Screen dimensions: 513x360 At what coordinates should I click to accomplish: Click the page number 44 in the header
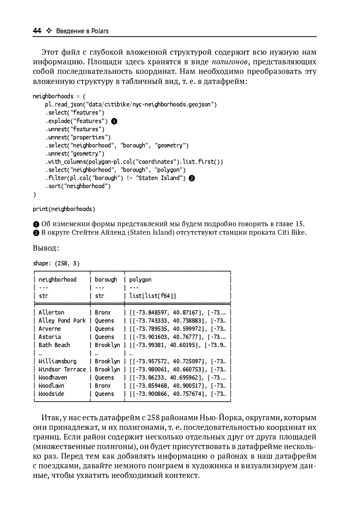37,31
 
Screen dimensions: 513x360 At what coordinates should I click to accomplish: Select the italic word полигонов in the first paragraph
229,62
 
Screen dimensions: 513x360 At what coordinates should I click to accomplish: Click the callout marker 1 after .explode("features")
114,121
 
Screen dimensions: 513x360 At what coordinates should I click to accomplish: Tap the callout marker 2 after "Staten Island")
191,178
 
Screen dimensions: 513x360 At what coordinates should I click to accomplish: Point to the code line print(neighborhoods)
64,209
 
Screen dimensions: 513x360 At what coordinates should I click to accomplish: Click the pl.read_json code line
131,105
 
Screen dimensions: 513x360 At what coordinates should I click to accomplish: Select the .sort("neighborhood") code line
78,186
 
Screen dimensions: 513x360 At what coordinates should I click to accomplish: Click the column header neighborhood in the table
57,280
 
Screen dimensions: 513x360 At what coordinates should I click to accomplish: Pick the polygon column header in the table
140,280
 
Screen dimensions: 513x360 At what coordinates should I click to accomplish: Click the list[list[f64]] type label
153,296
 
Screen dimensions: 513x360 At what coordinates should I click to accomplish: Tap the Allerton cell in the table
51,313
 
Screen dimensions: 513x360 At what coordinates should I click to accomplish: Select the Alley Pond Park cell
62,321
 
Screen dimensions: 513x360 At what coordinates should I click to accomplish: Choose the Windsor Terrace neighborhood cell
62,370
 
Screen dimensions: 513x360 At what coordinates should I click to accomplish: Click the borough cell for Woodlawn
103,386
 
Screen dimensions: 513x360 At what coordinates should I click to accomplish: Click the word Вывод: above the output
46,248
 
